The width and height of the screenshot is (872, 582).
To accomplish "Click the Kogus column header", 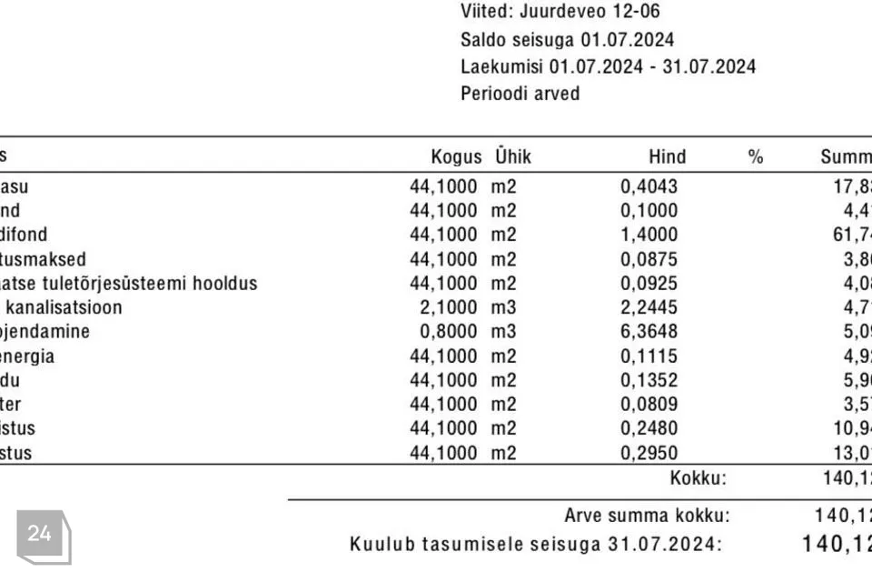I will click(x=456, y=156).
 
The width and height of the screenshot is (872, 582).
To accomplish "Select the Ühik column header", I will click(x=513, y=156).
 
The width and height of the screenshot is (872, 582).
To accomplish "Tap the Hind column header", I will click(x=668, y=156).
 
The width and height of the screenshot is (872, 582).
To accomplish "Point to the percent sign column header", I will click(x=755, y=156).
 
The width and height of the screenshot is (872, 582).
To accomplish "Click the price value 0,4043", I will click(x=649, y=186).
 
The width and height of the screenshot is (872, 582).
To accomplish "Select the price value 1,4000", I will click(x=649, y=235).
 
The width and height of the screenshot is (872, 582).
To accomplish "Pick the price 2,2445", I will click(x=649, y=307).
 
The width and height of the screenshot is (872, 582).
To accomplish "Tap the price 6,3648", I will click(x=649, y=331).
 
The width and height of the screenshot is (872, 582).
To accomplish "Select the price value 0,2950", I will click(x=649, y=452).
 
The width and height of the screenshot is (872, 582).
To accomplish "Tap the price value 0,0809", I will click(x=649, y=404).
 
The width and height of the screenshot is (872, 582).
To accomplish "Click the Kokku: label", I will click(x=699, y=477).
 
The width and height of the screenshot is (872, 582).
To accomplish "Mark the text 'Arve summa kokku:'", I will click(x=647, y=516).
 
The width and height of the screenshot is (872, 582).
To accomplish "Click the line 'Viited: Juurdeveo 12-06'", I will click(x=560, y=12).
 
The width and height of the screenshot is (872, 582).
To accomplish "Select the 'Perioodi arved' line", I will click(x=520, y=93).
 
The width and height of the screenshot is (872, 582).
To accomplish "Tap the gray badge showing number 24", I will click(x=41, y=534).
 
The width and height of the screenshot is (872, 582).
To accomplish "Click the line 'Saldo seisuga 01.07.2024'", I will click(x=568, y=39).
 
